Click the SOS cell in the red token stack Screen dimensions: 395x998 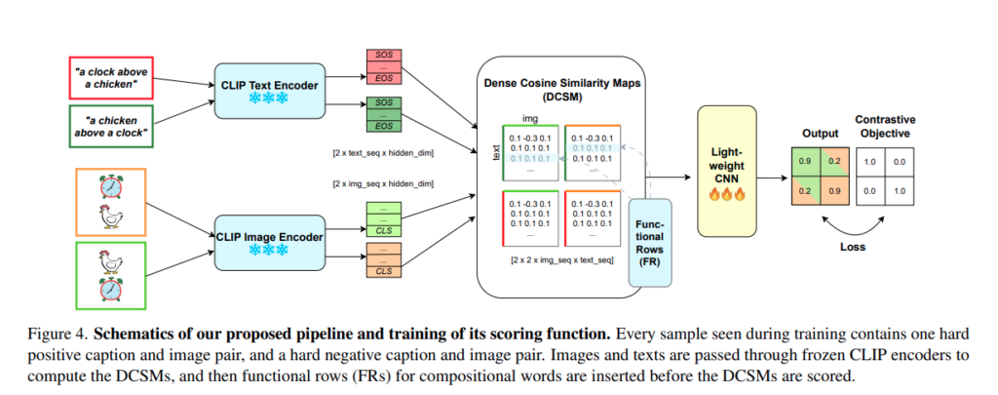pos(382,56)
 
